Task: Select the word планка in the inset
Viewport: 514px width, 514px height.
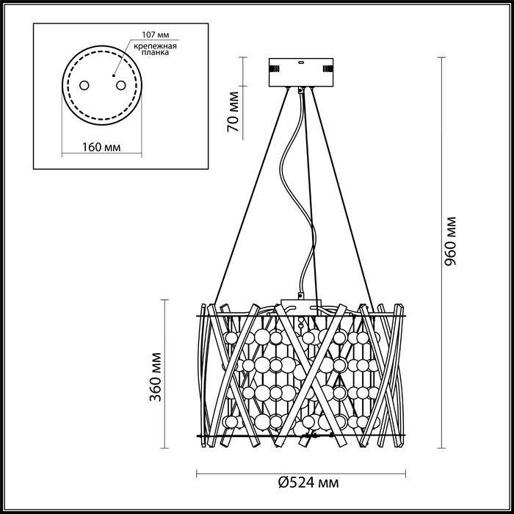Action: click(155, 53)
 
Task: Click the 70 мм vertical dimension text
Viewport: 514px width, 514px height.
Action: click(233, 112)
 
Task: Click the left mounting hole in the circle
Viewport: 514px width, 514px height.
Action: click(82, 86)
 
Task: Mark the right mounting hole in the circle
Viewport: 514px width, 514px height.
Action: click(117, 86)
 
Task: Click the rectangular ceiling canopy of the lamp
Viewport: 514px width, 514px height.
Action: click(301, 72)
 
